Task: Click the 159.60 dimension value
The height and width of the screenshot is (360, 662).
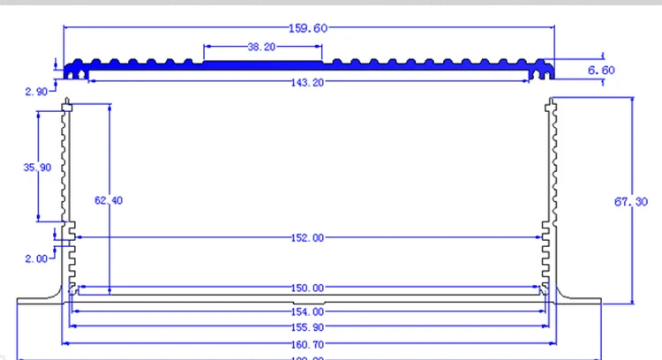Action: tap(308, 28)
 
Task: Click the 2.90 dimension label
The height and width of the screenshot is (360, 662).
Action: tap(36, 92)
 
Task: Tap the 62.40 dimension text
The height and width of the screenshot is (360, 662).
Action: tap(109, 201)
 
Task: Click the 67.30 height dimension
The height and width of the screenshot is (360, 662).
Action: tap(631, 202)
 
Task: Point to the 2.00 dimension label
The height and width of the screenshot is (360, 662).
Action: tap(36, 259)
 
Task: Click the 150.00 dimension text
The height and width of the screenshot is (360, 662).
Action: tap(308, 288)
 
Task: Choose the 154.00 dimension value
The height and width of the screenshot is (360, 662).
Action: tap(308, 311)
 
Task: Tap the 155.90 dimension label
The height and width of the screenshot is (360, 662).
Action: tap(308, 326)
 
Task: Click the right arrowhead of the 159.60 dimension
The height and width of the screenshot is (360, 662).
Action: tap(553, 28)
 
